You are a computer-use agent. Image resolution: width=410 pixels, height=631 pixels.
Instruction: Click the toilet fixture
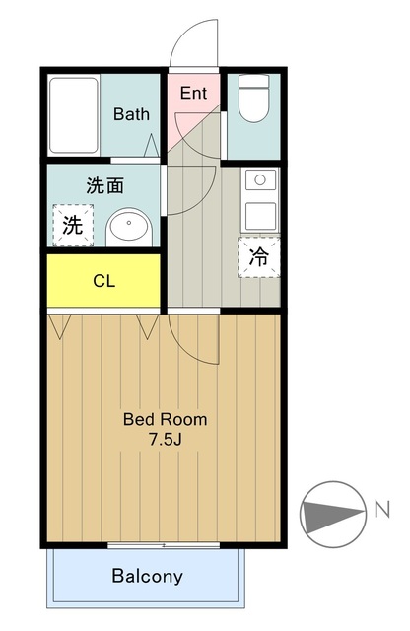[253, 99]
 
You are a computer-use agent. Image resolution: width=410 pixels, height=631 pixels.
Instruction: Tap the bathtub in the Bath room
[74, 115]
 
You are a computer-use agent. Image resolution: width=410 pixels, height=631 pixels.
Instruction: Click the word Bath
[131, 114]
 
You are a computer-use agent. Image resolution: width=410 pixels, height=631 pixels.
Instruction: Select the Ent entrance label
[193, 93]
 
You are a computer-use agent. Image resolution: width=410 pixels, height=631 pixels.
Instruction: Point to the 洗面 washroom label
[105, 185]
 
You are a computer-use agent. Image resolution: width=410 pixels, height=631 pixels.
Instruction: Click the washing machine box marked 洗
[73, 226]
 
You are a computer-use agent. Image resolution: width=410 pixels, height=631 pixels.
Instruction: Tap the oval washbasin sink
[129, 224]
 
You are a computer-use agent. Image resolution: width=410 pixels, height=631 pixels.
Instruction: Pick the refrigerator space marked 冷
[259, 256]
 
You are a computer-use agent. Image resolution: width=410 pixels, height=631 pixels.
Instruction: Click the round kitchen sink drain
[260, 179]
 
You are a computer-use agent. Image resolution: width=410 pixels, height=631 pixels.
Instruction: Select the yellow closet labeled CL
[103, 280]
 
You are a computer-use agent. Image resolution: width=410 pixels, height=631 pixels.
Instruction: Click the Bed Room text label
[165, 419]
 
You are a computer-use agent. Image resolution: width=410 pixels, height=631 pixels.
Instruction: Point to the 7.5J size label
[166, 440]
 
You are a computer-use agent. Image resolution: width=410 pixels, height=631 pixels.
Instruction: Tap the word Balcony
[147, 576]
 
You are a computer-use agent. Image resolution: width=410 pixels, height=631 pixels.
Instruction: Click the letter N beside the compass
[382, 509]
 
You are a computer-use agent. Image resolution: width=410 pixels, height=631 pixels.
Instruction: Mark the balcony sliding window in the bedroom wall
[164, 545]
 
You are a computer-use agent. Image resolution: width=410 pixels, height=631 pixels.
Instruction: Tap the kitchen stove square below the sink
[261, 217]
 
